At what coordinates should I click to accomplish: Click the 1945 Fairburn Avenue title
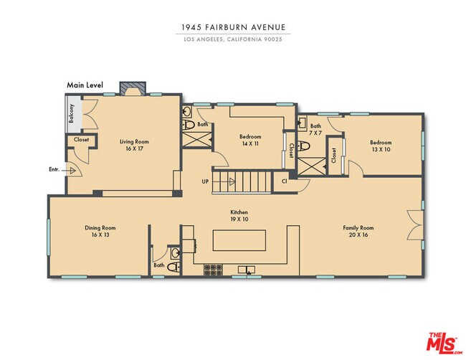pyautogui.click(x=233, y=27)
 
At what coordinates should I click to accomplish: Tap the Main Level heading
pyautogui.click(x=85, y=85)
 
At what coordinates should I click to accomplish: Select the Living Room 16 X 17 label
pyautogui.click(x=134, y=145)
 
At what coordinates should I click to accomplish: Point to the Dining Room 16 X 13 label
pyautogui.click(x=100, y=231)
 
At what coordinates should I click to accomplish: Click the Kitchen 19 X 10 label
pyautogui.click(x=239, y=216)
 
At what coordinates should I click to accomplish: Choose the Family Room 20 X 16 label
pyautogui.click(x=358, y=231)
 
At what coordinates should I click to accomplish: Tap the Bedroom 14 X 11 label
pyautogui.click(x=250, y=140)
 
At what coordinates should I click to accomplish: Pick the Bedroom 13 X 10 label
pyautogui.click(x=381, y=146)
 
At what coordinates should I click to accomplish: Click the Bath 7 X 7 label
pyautogui.click(x=315, y=129)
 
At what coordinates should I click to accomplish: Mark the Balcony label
pyautogui.click(x=71, y=113)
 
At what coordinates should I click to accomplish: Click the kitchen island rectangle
pyautogui.click(x=239, y=240)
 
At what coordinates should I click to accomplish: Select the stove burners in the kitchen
pyautogui.click(x=213, y=270)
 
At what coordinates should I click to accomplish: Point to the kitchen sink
pyautogui.click(x=247, y=270)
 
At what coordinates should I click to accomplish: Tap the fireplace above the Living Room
pyautogui.click(x=133, y=88)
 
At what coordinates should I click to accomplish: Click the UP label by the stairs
pyautogui.click(x=205, y=181)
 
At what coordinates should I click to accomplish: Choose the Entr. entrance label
pyautogui.click(x=54, y=169)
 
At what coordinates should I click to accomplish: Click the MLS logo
pyautogui.click(x=444, y=343)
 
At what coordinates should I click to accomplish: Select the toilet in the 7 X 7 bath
pyautogui.click(x=304, y=146)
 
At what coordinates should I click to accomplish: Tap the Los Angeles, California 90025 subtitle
pyautogui.click(x=233, y=39)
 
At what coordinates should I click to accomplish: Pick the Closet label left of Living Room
pyautogui.click(x=81, y=139)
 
